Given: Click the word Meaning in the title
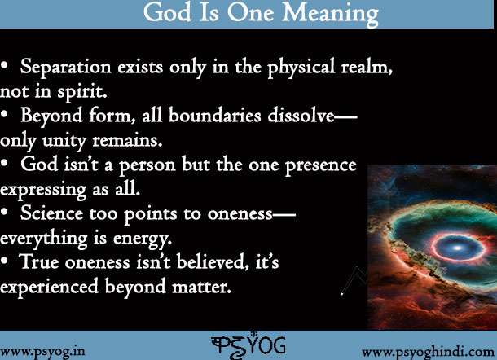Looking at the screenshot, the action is [x=330, y=14].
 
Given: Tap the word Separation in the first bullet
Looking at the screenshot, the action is [x=66, y=67].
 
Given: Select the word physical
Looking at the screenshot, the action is [x=301, y=68].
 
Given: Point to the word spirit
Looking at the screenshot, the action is [x=81, y=93].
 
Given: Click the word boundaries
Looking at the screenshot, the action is [x=214, y=115].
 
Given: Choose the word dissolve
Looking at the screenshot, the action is [x=301, y=115].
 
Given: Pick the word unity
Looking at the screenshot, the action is [x=64, y=141].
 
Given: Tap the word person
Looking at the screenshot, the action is [x=147, y=165].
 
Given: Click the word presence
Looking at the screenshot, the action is [x=320, y=165].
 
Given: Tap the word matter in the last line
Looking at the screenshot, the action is [x=201, y=286].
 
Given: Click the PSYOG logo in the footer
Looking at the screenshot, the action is [x=248, y=345].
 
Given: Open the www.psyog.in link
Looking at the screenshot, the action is [x=42, y=351].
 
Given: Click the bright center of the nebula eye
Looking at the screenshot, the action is [x=456, y=248].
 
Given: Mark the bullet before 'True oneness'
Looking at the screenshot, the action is [x=4, y=261].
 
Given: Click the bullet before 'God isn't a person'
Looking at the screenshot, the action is [x=4, y=164].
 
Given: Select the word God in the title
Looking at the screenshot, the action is [x=167, y=12].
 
